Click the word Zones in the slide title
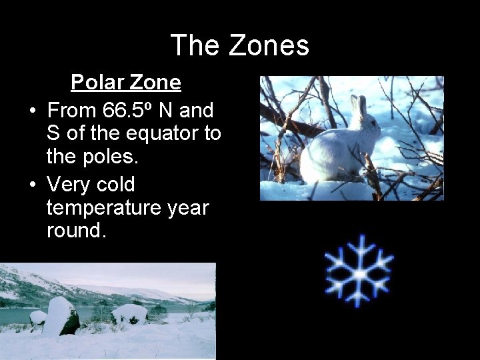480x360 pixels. [269, 45]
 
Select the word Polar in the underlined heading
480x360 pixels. [99, 83]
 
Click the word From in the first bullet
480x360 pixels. [73, 108]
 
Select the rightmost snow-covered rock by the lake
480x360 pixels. [129, 313]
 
